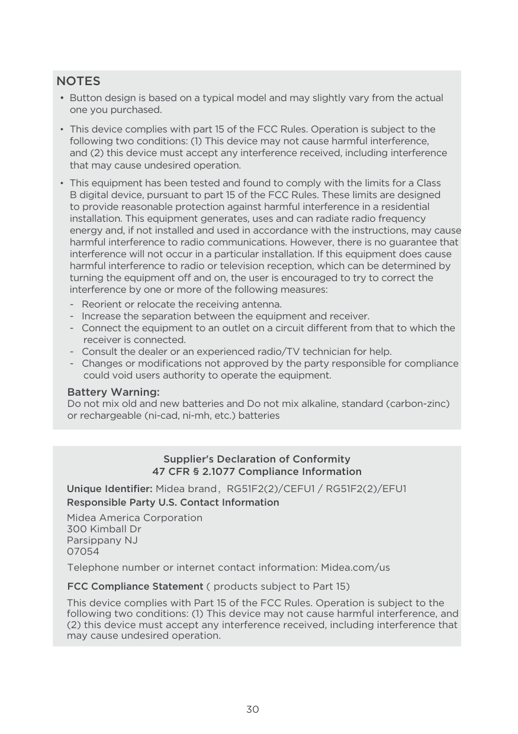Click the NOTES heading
click(78, 81)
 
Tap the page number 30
click(253, 709)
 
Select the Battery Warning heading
click(113, 393)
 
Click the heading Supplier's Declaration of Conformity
click(256, 459)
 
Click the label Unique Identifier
click(110, 489)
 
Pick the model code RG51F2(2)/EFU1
click(366, 489)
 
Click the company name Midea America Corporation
click(134, 518)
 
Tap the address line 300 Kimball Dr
click(104, 529)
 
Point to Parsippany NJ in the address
click(102, 540)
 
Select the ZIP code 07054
click(83, 551)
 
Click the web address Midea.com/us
click(355, 568)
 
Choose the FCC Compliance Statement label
click(135, 586)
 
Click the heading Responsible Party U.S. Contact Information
click(173, 502)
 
